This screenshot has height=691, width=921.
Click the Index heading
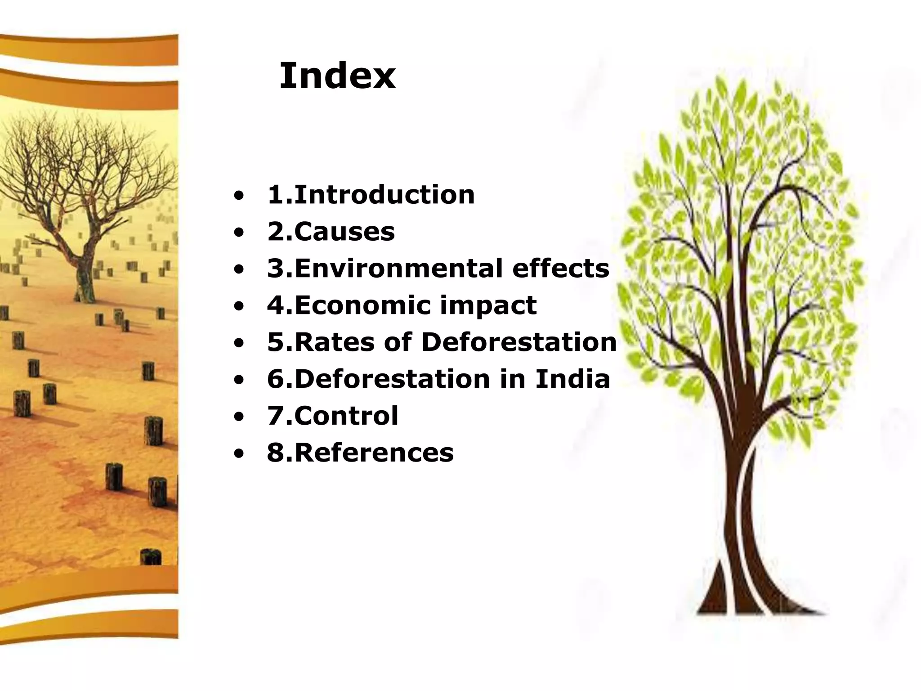click(x=337, y=76)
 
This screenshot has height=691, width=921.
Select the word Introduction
click(x=384, y=195)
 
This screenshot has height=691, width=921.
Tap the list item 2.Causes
click(x=331, y=232)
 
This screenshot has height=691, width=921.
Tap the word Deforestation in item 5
click(x=519, y=342)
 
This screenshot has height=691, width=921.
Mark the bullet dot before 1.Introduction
click(x=239, y=196)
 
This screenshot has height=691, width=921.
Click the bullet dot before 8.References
click(x=239, y=453)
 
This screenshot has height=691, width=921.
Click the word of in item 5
click(x=398, y=342)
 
